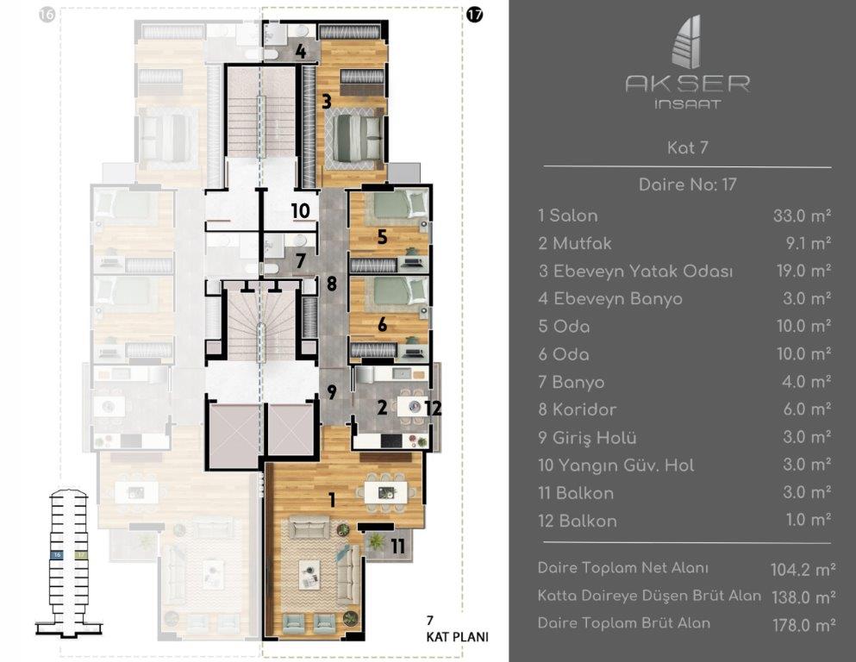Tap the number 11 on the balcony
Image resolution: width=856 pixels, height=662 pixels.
(x=397, y=545)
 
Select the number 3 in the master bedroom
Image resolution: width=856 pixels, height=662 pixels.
(x=327, y=102)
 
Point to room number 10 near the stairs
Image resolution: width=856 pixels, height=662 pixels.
(x=300, y=211)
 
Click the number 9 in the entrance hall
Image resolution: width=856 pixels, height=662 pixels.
(x=331, y=392)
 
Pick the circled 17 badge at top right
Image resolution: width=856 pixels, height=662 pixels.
(x=473, y=15)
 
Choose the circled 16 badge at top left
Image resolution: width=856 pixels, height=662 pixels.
(x=47, y=15)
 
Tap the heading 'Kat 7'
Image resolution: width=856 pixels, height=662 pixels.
(x=687, y=147)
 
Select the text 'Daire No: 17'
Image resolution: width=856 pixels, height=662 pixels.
(x=687, y=184)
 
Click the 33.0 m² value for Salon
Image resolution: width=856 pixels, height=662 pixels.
(x=802, y=216)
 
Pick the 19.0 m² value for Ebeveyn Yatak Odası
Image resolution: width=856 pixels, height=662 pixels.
(x=802, y=272)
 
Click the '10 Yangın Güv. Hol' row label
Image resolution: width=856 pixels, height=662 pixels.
(x=615, y=465)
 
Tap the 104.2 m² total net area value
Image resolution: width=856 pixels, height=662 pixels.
(x=801, y=569)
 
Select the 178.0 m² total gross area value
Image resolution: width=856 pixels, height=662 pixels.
(x=801, y=624)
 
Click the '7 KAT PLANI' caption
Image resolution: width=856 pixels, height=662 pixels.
(x=456, y=631)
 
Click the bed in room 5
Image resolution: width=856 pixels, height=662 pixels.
(x=392, y=207)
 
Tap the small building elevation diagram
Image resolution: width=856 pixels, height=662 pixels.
(x=66, y=560)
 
